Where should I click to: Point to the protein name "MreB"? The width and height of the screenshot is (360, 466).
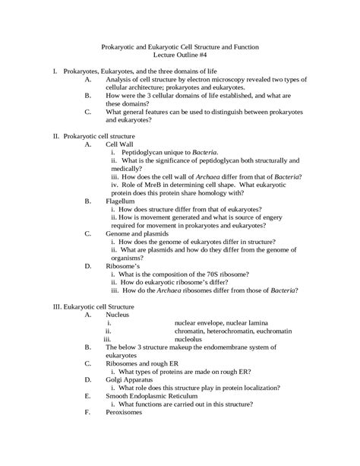coord(150,184)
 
